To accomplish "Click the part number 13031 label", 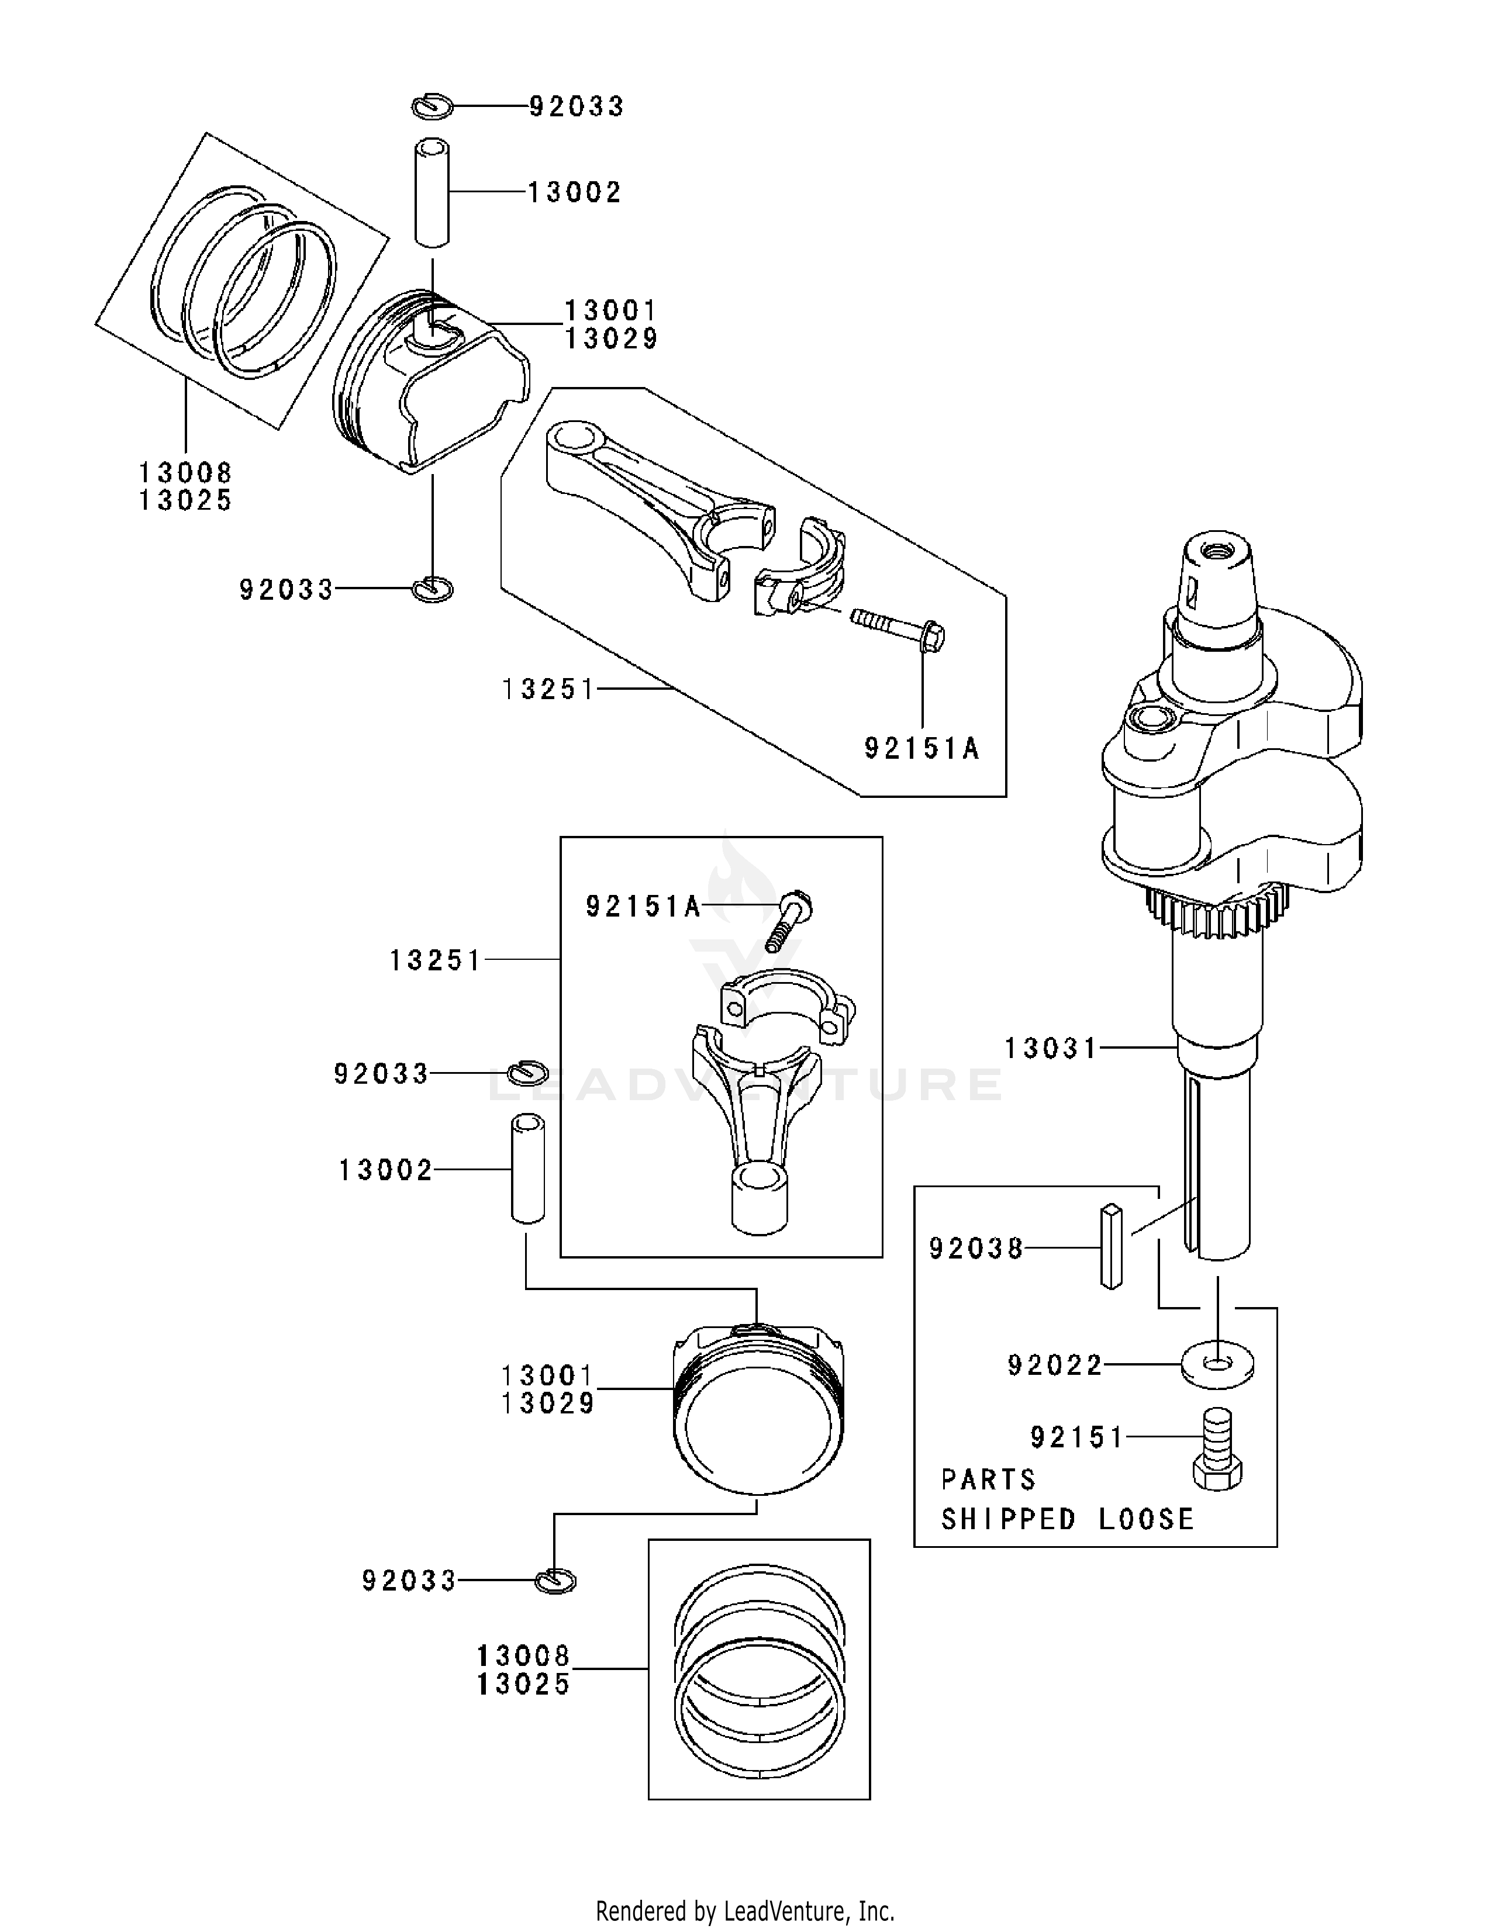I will (1050, 1049).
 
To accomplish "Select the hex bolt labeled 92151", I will (1217, 1450).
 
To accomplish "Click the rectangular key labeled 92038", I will (1111, 1246).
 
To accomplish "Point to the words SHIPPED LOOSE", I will (1067, 1519).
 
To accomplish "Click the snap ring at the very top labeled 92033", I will (432, 105).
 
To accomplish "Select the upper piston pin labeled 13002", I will (432, 190).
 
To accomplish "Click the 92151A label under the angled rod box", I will (921, 749).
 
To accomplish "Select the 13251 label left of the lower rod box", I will (436, 960).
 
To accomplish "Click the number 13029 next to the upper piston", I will (611, 338).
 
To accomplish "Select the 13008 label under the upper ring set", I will (185, 472).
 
